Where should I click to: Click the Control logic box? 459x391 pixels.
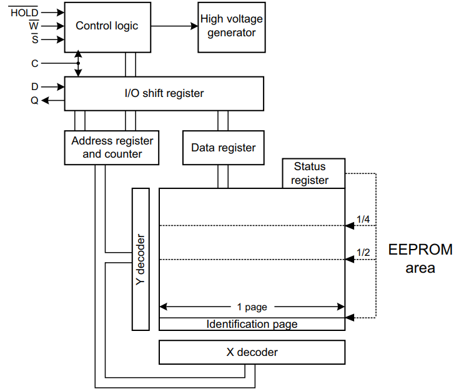(107, 26)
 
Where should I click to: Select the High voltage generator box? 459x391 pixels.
(232, 26)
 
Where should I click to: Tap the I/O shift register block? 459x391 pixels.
(164, 93)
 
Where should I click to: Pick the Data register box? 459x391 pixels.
(223, 148)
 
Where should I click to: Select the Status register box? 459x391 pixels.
(313, 173)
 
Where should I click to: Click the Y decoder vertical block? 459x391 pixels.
(141, 258)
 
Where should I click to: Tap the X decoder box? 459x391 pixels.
(252, 352)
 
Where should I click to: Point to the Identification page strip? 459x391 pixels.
(252, 324)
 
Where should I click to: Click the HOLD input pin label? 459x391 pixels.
(24, 12)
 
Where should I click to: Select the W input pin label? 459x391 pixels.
(34, 26)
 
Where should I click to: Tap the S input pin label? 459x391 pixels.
(34, 40)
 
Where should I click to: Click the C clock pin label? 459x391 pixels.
(34, 63)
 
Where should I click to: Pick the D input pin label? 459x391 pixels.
(34, 87)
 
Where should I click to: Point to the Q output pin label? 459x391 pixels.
(34, 100)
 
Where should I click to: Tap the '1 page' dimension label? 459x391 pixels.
(252, 307)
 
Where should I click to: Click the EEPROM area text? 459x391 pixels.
(420, 258)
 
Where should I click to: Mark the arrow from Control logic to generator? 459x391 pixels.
(174, 26)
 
